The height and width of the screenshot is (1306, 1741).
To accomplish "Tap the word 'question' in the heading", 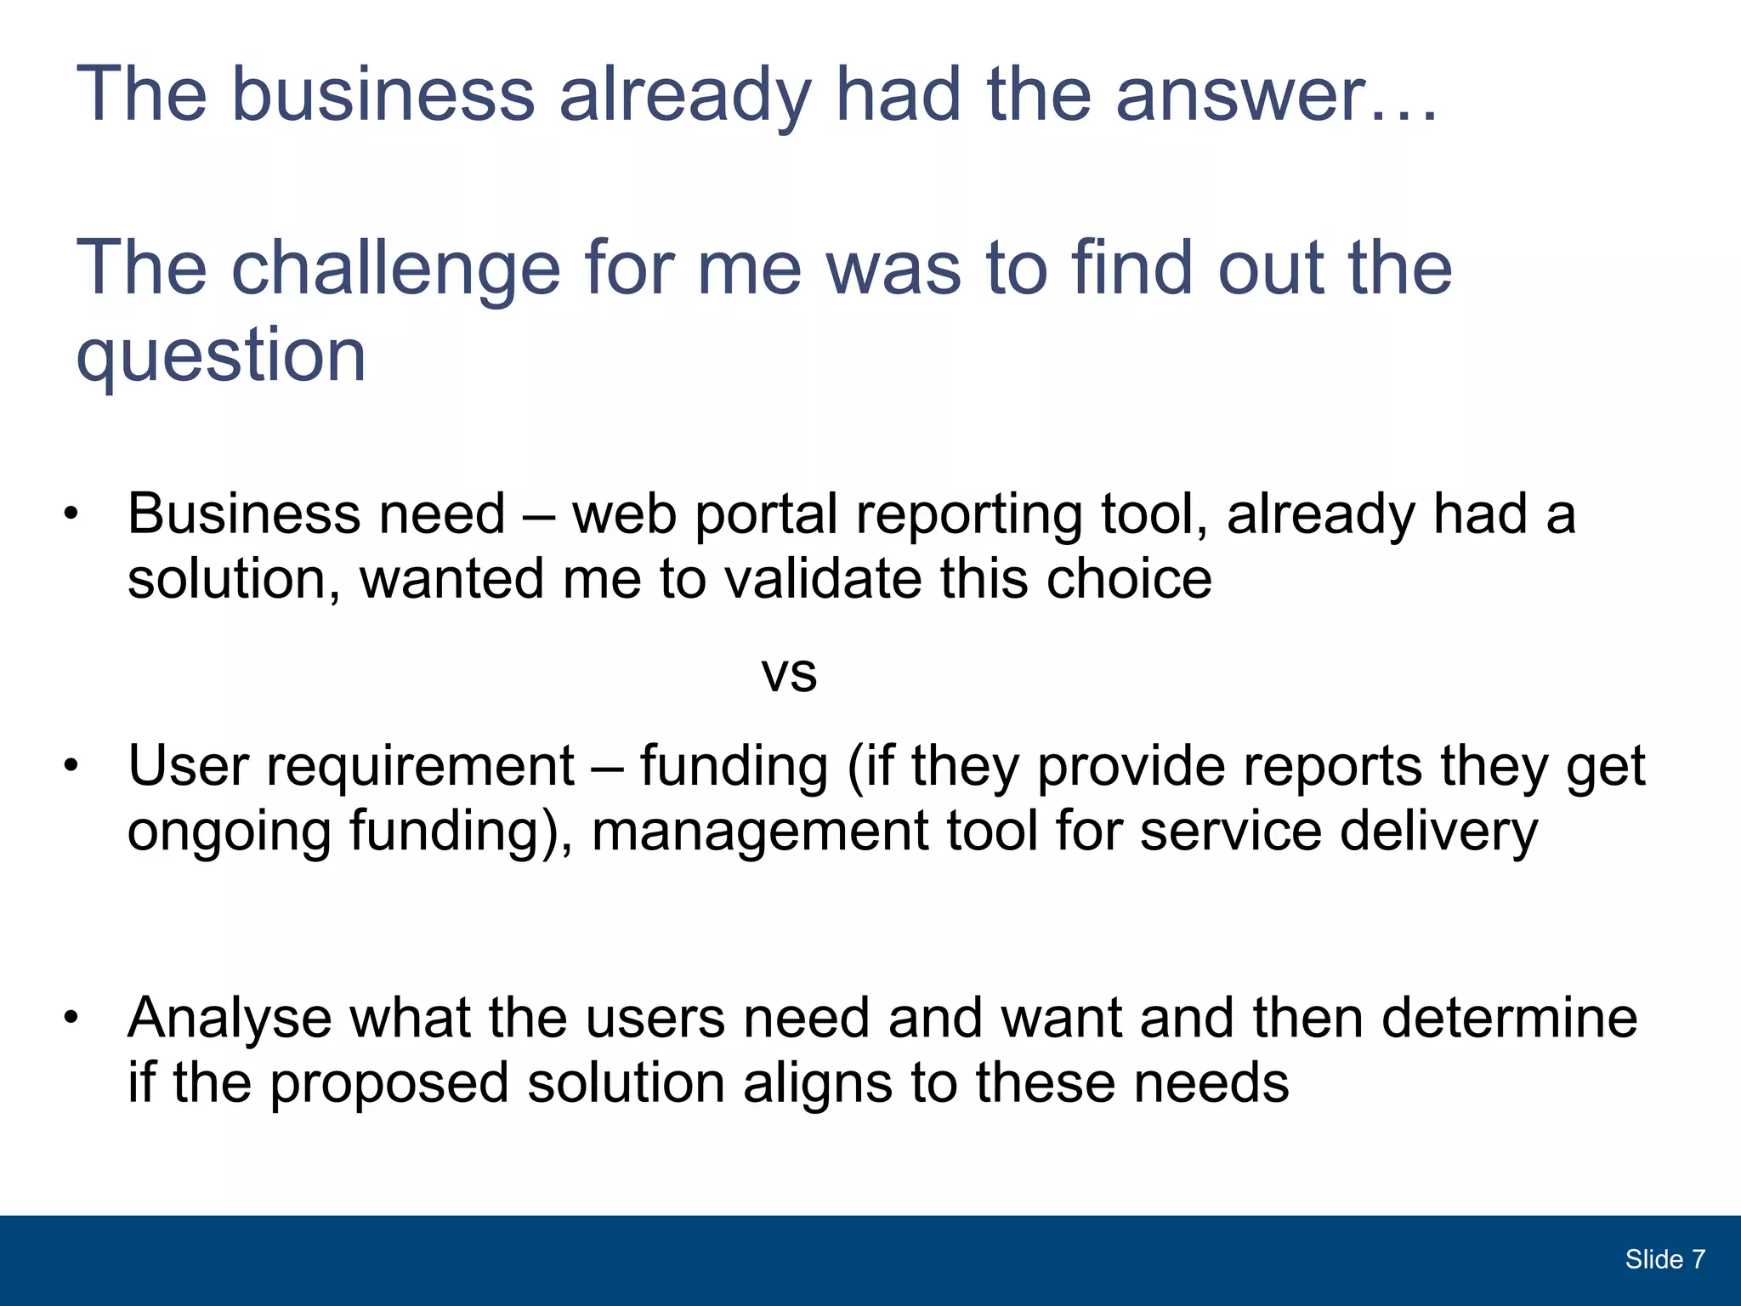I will click(x=221, y=357).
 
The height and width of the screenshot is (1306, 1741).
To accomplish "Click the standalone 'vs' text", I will click(x=789, y=674).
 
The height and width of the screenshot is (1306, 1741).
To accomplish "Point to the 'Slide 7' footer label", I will click(x=1664, y=1259).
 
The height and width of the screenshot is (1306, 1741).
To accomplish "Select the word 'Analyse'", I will click(x=230, y=1019).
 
